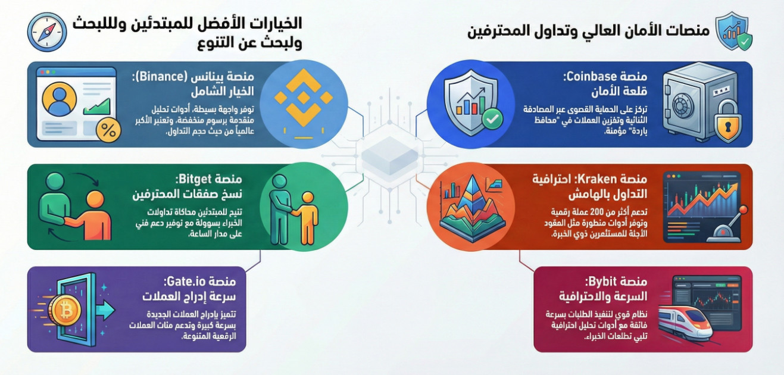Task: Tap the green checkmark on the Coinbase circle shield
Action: (492, 118)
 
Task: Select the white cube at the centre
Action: (390, 155)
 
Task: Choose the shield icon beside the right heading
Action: (733, 32)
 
